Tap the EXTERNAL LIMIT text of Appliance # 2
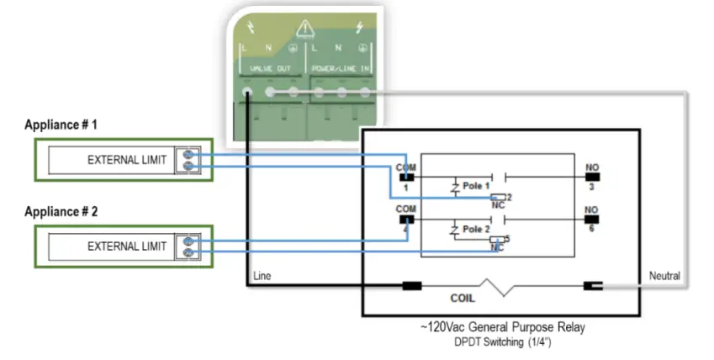tap(127, 246)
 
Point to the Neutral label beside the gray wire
tap(664, 276)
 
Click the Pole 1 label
tap(475, 183)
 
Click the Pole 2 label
tap(475, 229)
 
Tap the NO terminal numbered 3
tap(593, 177)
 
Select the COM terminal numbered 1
tap(406, 177)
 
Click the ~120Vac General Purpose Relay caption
tap(501, 327)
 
